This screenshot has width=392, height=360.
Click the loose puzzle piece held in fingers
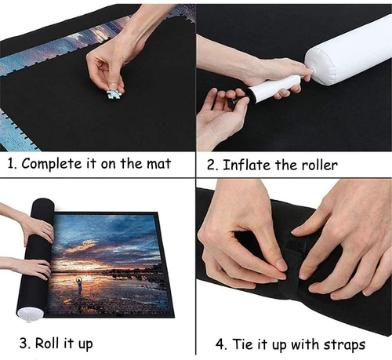click(x=115, y=94)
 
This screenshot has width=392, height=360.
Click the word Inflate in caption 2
click(x=247, y=165)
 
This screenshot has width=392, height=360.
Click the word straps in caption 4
click(x=344, y=345)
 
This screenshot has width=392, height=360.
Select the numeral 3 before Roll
click(x=24, y=344)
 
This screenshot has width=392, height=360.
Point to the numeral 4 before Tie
click(x=220, y=344)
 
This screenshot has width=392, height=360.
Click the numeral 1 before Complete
click(x=11, y=164)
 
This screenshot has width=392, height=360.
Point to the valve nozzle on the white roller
click(x=310, y=71)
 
